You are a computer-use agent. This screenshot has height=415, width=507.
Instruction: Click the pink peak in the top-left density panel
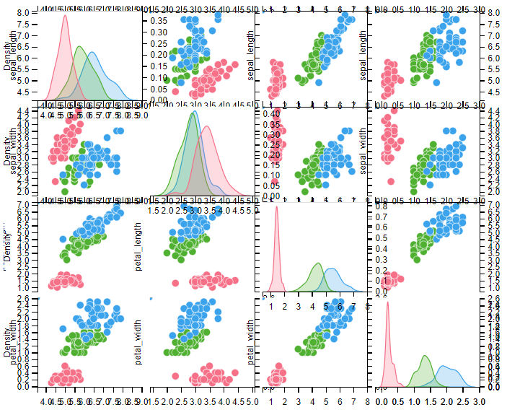tap(64, 17)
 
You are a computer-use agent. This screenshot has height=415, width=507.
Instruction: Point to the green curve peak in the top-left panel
tap(79, 47)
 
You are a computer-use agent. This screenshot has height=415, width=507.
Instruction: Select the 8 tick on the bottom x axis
tap(368, 401)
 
